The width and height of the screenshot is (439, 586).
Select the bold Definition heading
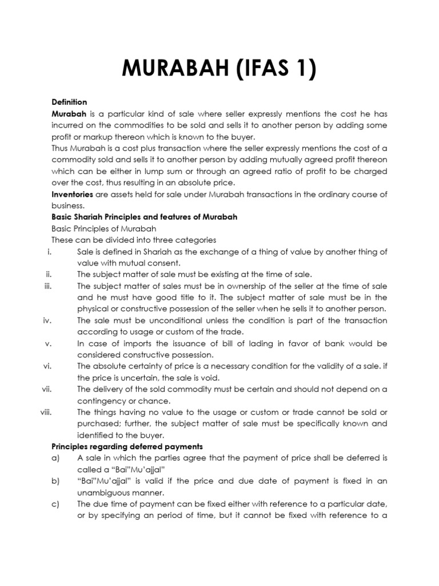coord(69,102)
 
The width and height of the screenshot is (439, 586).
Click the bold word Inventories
coord(75,195)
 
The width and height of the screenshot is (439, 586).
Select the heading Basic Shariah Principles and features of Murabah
coord(144,217)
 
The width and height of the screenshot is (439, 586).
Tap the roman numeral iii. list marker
coord(48,286)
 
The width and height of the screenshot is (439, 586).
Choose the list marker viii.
coord(46,412)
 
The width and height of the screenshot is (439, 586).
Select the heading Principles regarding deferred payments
coord(127,446)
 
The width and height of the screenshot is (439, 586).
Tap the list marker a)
coord(55,458)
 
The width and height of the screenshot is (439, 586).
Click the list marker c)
coord(55,504)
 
